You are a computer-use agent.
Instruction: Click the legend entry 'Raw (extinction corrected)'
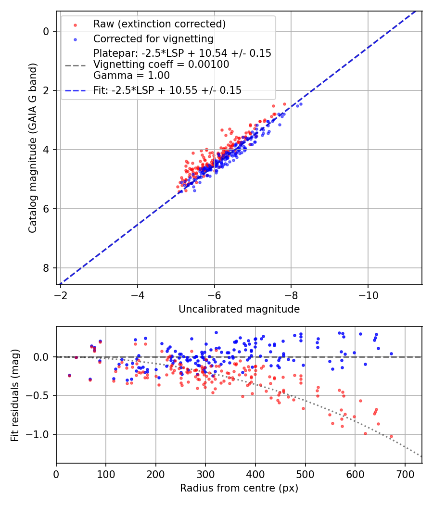pos(159,24)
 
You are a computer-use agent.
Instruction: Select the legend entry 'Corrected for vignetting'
pos(153,38)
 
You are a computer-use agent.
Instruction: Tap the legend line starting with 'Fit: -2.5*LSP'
pos(167,90)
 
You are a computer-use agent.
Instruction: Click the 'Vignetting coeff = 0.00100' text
pos(161,64)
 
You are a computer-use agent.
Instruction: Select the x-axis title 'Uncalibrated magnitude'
pos(239,309)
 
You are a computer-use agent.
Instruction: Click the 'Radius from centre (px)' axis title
pos(239,488)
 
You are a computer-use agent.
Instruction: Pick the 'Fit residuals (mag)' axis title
pos(14,395)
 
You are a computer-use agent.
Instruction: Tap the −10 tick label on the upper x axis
pos(368,293)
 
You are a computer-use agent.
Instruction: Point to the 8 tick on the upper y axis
pos(47,268)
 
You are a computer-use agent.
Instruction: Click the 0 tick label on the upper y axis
pos(47,31)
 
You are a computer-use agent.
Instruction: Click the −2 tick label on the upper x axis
pos(61,293)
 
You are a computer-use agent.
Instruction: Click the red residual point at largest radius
pos(391,437)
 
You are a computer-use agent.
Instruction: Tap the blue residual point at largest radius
pos(391,353)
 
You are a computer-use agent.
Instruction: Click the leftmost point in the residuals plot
pos(69,375)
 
